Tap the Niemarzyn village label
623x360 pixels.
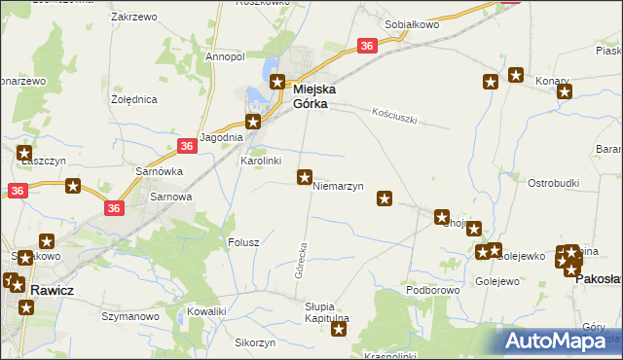point(338,186)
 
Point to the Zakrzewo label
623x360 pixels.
point(135,18)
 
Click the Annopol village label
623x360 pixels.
point(225,56)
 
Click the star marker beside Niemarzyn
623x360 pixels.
point(305,177)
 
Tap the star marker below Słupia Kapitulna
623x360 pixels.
point(339,330)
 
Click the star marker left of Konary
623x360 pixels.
point(516,75)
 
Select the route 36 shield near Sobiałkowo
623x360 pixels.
point(366,46)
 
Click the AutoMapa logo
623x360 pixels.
point(559,342)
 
